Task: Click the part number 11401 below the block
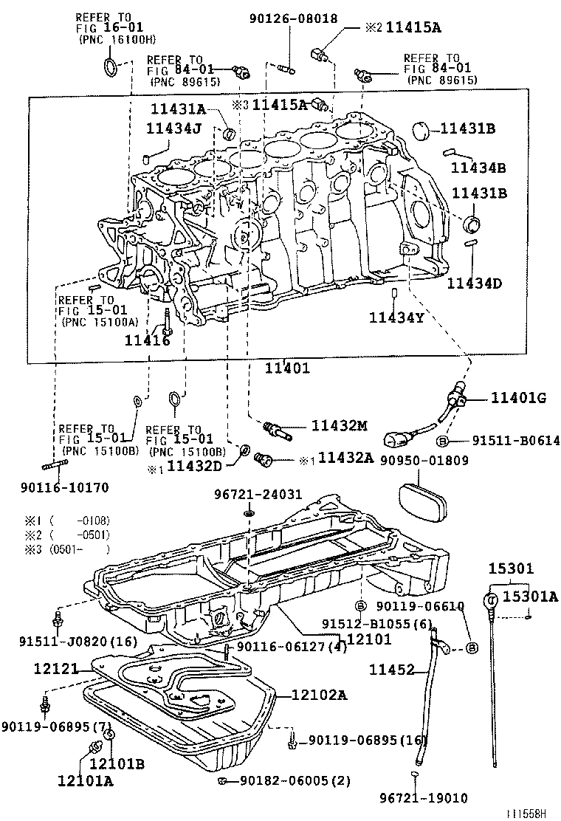click(x=287, y=368)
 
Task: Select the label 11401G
click(x=519, y=399)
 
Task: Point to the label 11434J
click(x=173, y=128)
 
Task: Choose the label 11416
click(x=147, y=340)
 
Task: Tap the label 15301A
click(x=531, y=597)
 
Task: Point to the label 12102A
click(x=319, y=695)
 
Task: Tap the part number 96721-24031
click(x=248, y=493)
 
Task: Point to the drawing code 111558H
click(x=526, y=813)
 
